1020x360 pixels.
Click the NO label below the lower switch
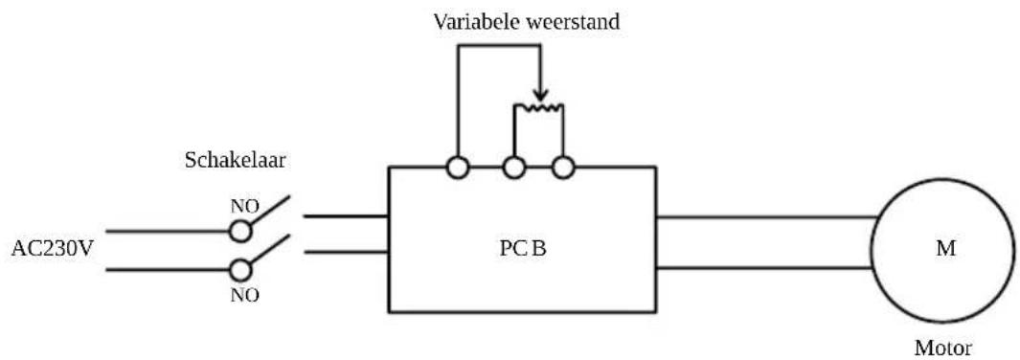coord(244,295)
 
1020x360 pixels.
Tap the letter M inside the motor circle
coord(943,249)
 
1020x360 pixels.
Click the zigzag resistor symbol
coord(539,108)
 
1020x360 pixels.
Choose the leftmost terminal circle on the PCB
coord(457,168)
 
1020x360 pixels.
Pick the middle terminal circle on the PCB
coord(515,168)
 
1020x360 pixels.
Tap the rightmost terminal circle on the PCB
coord(563,168)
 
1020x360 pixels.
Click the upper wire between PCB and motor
coord(766,216)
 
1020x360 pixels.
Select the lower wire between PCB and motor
coord(766,268)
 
